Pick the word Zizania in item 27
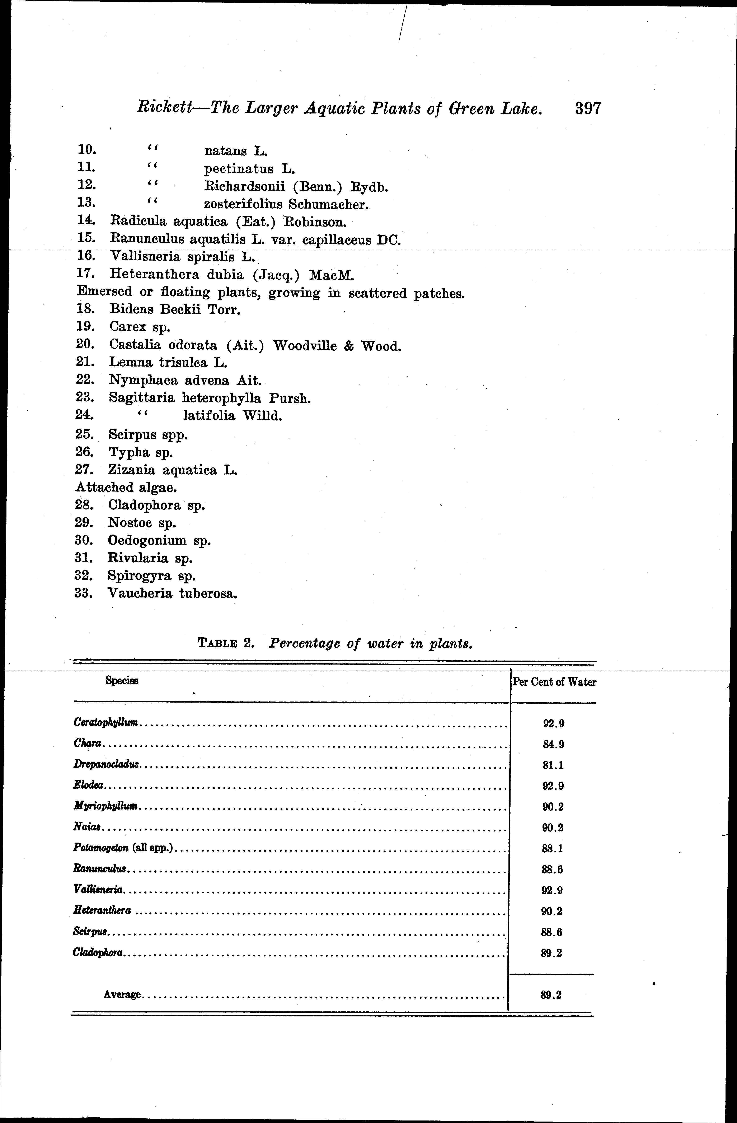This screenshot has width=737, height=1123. coord(132,470)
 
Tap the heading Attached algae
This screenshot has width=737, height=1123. coord(122,487)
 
